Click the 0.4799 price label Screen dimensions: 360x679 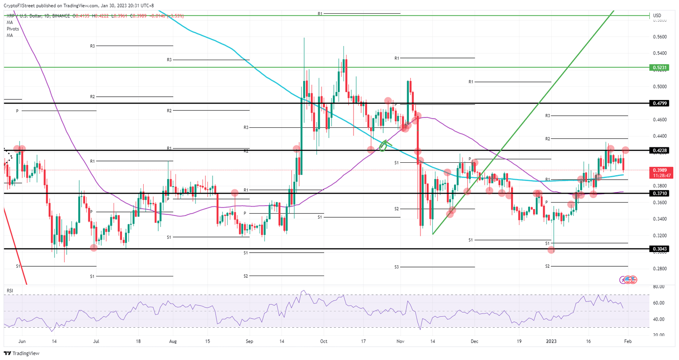click(659, 103)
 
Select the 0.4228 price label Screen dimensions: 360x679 click(659, 150)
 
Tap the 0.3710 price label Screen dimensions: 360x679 click(659, 193)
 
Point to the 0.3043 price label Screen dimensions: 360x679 click(659, 249)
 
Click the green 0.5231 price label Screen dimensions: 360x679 click(659, 68)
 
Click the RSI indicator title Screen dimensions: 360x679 click(10, 291)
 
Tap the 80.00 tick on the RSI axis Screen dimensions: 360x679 click(659, 287)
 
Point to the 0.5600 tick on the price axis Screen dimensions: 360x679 click(660, 37)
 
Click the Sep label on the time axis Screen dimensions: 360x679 click(249, 341)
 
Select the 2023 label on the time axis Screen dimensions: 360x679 click(551, 341)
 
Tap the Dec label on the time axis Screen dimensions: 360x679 click(474, 341)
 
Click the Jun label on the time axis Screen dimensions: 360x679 click(22, 341)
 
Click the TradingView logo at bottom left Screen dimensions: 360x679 click(22, 353)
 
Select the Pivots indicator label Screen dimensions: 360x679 click(13, 29)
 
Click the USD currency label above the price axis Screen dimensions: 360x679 click(657, 15)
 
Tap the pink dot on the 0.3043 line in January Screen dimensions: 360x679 click(551, 250)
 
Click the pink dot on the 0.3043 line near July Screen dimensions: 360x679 click(94, 248)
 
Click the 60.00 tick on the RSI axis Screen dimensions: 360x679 click(659, 303)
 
